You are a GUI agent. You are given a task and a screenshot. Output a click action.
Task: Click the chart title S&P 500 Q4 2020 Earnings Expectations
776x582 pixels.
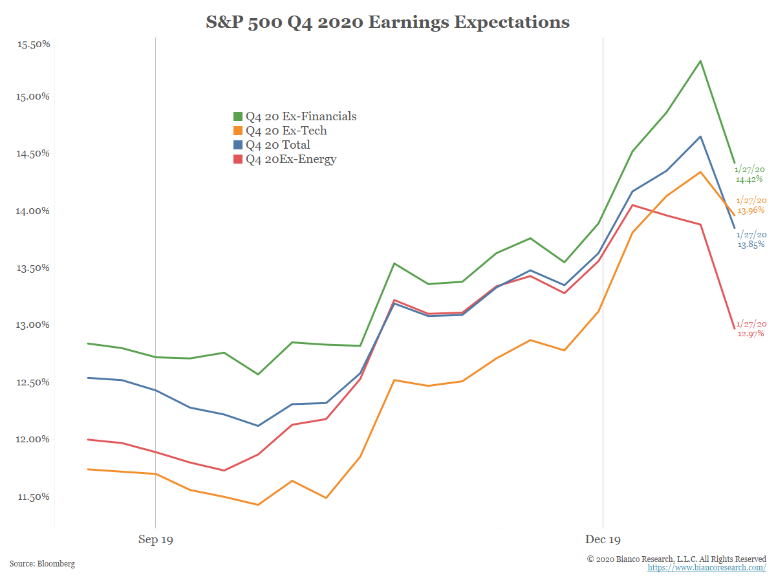tap(387, 23)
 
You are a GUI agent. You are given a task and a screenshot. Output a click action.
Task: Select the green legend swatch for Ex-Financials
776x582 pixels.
tap(237, 116)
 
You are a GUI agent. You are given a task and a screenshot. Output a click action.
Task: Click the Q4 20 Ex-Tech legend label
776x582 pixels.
tap(286, 131)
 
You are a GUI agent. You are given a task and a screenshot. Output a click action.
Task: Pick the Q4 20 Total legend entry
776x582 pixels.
tap(277, 145)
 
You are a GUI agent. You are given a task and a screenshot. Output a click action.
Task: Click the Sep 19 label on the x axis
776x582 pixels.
tap(156, 539)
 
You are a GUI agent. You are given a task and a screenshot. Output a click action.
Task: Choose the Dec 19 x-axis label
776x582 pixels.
tap(603, 539)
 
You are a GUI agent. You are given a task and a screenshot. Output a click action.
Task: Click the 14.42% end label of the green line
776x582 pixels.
tap(749, 179)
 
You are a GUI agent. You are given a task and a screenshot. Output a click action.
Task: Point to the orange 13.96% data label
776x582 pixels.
tap(751, 210)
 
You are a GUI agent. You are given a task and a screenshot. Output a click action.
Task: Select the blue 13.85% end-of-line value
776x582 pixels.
tap(751, 244)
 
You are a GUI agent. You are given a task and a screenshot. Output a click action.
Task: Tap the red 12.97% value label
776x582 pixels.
tap(751, 334)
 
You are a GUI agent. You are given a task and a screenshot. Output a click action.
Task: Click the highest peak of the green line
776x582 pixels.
tap(700, 61)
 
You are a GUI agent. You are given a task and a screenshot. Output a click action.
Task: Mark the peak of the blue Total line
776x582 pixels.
tap(700, 136)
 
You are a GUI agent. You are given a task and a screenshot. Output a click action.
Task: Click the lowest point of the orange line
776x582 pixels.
tap(258, 504)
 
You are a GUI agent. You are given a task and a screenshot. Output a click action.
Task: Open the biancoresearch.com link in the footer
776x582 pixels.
tap(707, 568)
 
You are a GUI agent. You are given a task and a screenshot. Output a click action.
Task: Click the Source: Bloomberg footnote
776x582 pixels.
tap(42, 564)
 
